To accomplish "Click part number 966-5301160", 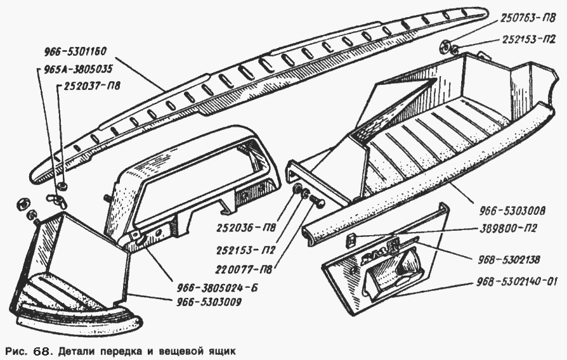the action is click(75, 52).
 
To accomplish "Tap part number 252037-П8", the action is click(92, 86).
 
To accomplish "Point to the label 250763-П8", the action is click(528, 18).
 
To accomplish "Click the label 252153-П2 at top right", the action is click(528, 40).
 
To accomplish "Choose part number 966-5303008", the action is click(512, 210).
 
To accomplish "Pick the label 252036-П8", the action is click(246, 228).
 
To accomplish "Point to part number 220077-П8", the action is click(244, 269).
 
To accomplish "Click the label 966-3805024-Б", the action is click(218, 288).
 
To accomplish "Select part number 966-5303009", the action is click(209, 302).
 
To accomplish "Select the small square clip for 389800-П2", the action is click(349, 240).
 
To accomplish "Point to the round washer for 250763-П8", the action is click(445, 46).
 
